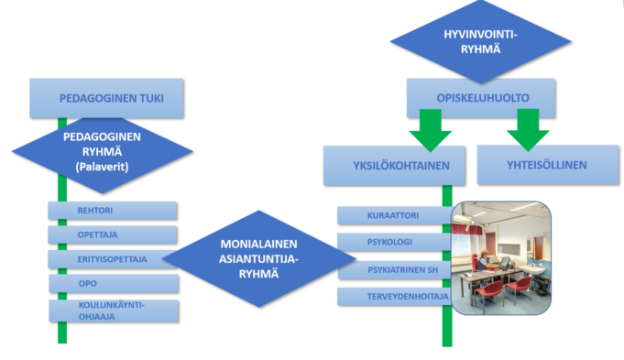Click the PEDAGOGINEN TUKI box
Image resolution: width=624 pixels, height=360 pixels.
[x=106, y=98]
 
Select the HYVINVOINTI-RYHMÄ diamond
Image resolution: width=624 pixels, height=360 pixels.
[x=480, y=41]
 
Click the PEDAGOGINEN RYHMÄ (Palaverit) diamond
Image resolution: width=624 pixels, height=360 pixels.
[x=103, y=152]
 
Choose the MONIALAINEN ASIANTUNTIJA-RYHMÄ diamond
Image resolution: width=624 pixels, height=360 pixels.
[x=258, y=258]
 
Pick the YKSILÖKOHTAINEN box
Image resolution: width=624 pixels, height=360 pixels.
[x=394, y=166]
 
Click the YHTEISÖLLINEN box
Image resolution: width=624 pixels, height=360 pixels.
[x=548, y=165]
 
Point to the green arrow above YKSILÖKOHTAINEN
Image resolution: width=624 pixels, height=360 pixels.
[x=430, y=130]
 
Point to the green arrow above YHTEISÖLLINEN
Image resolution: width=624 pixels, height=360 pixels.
[x=528, y=130]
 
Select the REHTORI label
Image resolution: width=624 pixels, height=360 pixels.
[x=95, y=211]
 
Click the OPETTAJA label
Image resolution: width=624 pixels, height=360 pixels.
[x=97, y=235]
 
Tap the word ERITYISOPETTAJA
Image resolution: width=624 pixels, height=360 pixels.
[x=112, y=259]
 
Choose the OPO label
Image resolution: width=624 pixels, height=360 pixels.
[x=88, y=284]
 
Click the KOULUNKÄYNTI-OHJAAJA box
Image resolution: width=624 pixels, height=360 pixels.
[x=114, y=311]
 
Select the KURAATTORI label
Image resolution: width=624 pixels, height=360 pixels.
[x=393, y=215]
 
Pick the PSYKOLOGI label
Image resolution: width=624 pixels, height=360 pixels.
[x=389, y=242]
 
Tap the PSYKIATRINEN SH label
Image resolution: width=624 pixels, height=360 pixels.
[x=402, y=270]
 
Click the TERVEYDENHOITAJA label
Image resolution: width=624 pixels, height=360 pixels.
[x=408, y=297]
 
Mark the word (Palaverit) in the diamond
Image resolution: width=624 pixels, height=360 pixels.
[x=103, y=167]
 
